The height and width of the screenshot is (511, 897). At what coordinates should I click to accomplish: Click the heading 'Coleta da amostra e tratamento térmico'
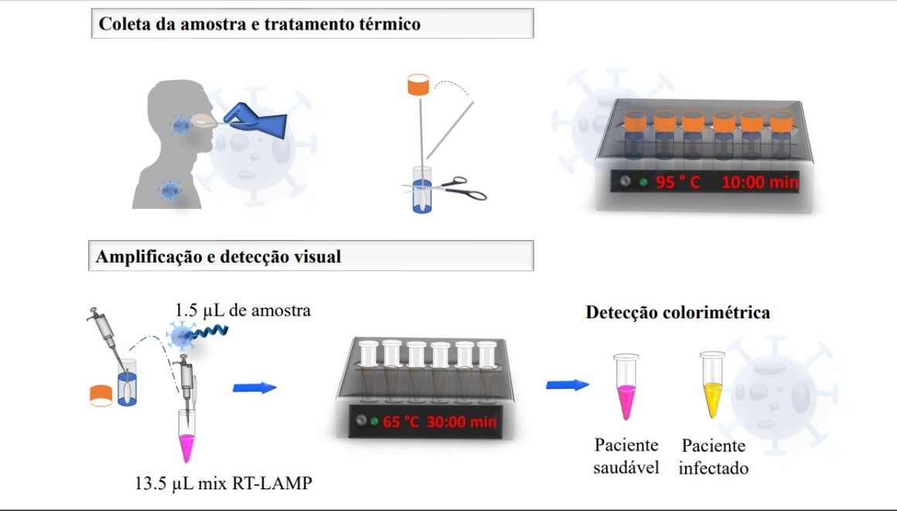259,24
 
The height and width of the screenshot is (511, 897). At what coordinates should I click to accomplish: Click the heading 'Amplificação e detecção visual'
218,256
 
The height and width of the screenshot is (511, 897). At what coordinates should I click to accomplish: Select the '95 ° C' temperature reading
678,183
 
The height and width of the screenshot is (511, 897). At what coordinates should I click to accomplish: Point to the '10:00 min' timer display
759,183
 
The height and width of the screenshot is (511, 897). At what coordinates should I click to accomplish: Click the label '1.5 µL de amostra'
242,310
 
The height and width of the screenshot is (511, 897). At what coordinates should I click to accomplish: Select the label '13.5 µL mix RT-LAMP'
224,485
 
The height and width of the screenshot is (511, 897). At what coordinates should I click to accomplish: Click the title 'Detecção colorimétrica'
678,313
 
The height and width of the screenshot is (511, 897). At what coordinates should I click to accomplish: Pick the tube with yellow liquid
712,384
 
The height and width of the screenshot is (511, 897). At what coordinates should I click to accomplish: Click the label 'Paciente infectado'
714,457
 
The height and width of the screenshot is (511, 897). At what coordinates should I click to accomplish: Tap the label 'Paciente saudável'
626,457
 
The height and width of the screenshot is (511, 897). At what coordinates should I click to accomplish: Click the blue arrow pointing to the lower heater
255,387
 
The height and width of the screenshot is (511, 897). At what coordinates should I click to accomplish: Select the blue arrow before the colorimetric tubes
567,385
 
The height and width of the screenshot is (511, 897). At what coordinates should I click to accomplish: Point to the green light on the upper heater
643,183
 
